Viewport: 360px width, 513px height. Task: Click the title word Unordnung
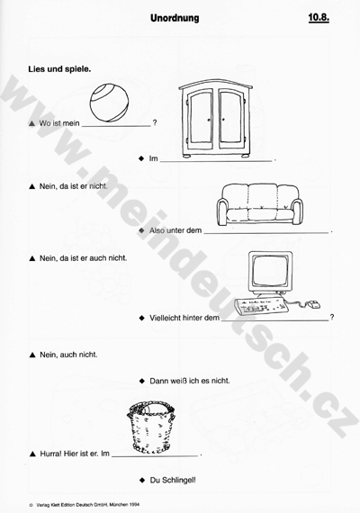click(x=175, y=18)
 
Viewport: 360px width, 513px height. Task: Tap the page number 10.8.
click(x=319, y=18)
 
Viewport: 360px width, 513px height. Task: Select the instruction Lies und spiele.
click(x=59, y=69)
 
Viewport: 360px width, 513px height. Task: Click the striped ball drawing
click(x=109, y=103)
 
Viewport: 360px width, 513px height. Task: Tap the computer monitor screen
click(x=270, y=270)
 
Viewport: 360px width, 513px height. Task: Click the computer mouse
click(x=313, y=304)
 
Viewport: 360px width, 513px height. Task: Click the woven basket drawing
click(x=151, y=427)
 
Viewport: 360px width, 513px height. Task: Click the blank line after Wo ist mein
click(x=116, y=126)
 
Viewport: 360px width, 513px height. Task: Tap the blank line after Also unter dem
click(x=266, y=233)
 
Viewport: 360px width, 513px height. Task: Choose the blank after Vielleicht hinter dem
click(x=274, y=320)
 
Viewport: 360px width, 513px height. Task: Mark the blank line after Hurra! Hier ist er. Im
click(x=155, y=455)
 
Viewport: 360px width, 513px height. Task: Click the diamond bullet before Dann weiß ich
click(x=141, y=381)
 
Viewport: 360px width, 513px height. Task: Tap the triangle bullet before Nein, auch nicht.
click(x=32, y=355)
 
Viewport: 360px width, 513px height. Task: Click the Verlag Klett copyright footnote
click(x=85, y=505)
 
